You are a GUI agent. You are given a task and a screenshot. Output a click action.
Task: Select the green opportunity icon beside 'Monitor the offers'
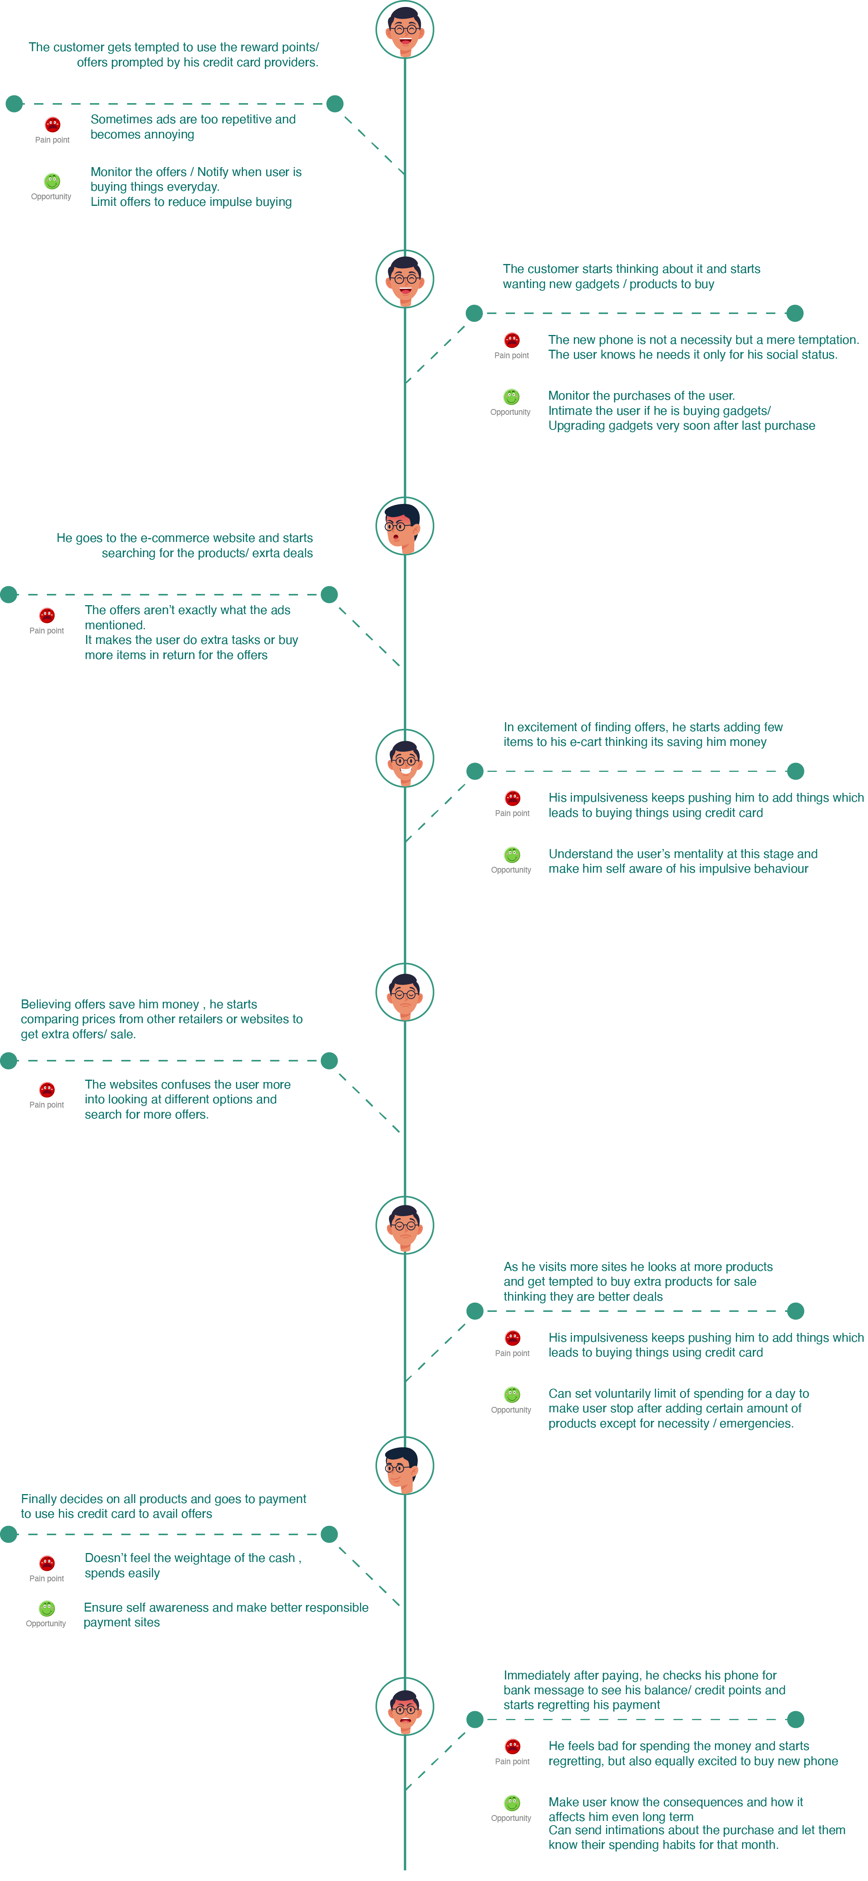(x=52, y=180)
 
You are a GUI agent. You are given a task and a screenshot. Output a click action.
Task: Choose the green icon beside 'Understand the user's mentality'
(x=513, y=854)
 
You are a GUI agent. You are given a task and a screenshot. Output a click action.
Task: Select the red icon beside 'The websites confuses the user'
(x=47, y=1089)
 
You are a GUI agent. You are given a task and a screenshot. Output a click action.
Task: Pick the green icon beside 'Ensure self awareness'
(x=47, y=1608)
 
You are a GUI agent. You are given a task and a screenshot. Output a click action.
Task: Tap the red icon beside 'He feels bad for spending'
(x=513, y=1746)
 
